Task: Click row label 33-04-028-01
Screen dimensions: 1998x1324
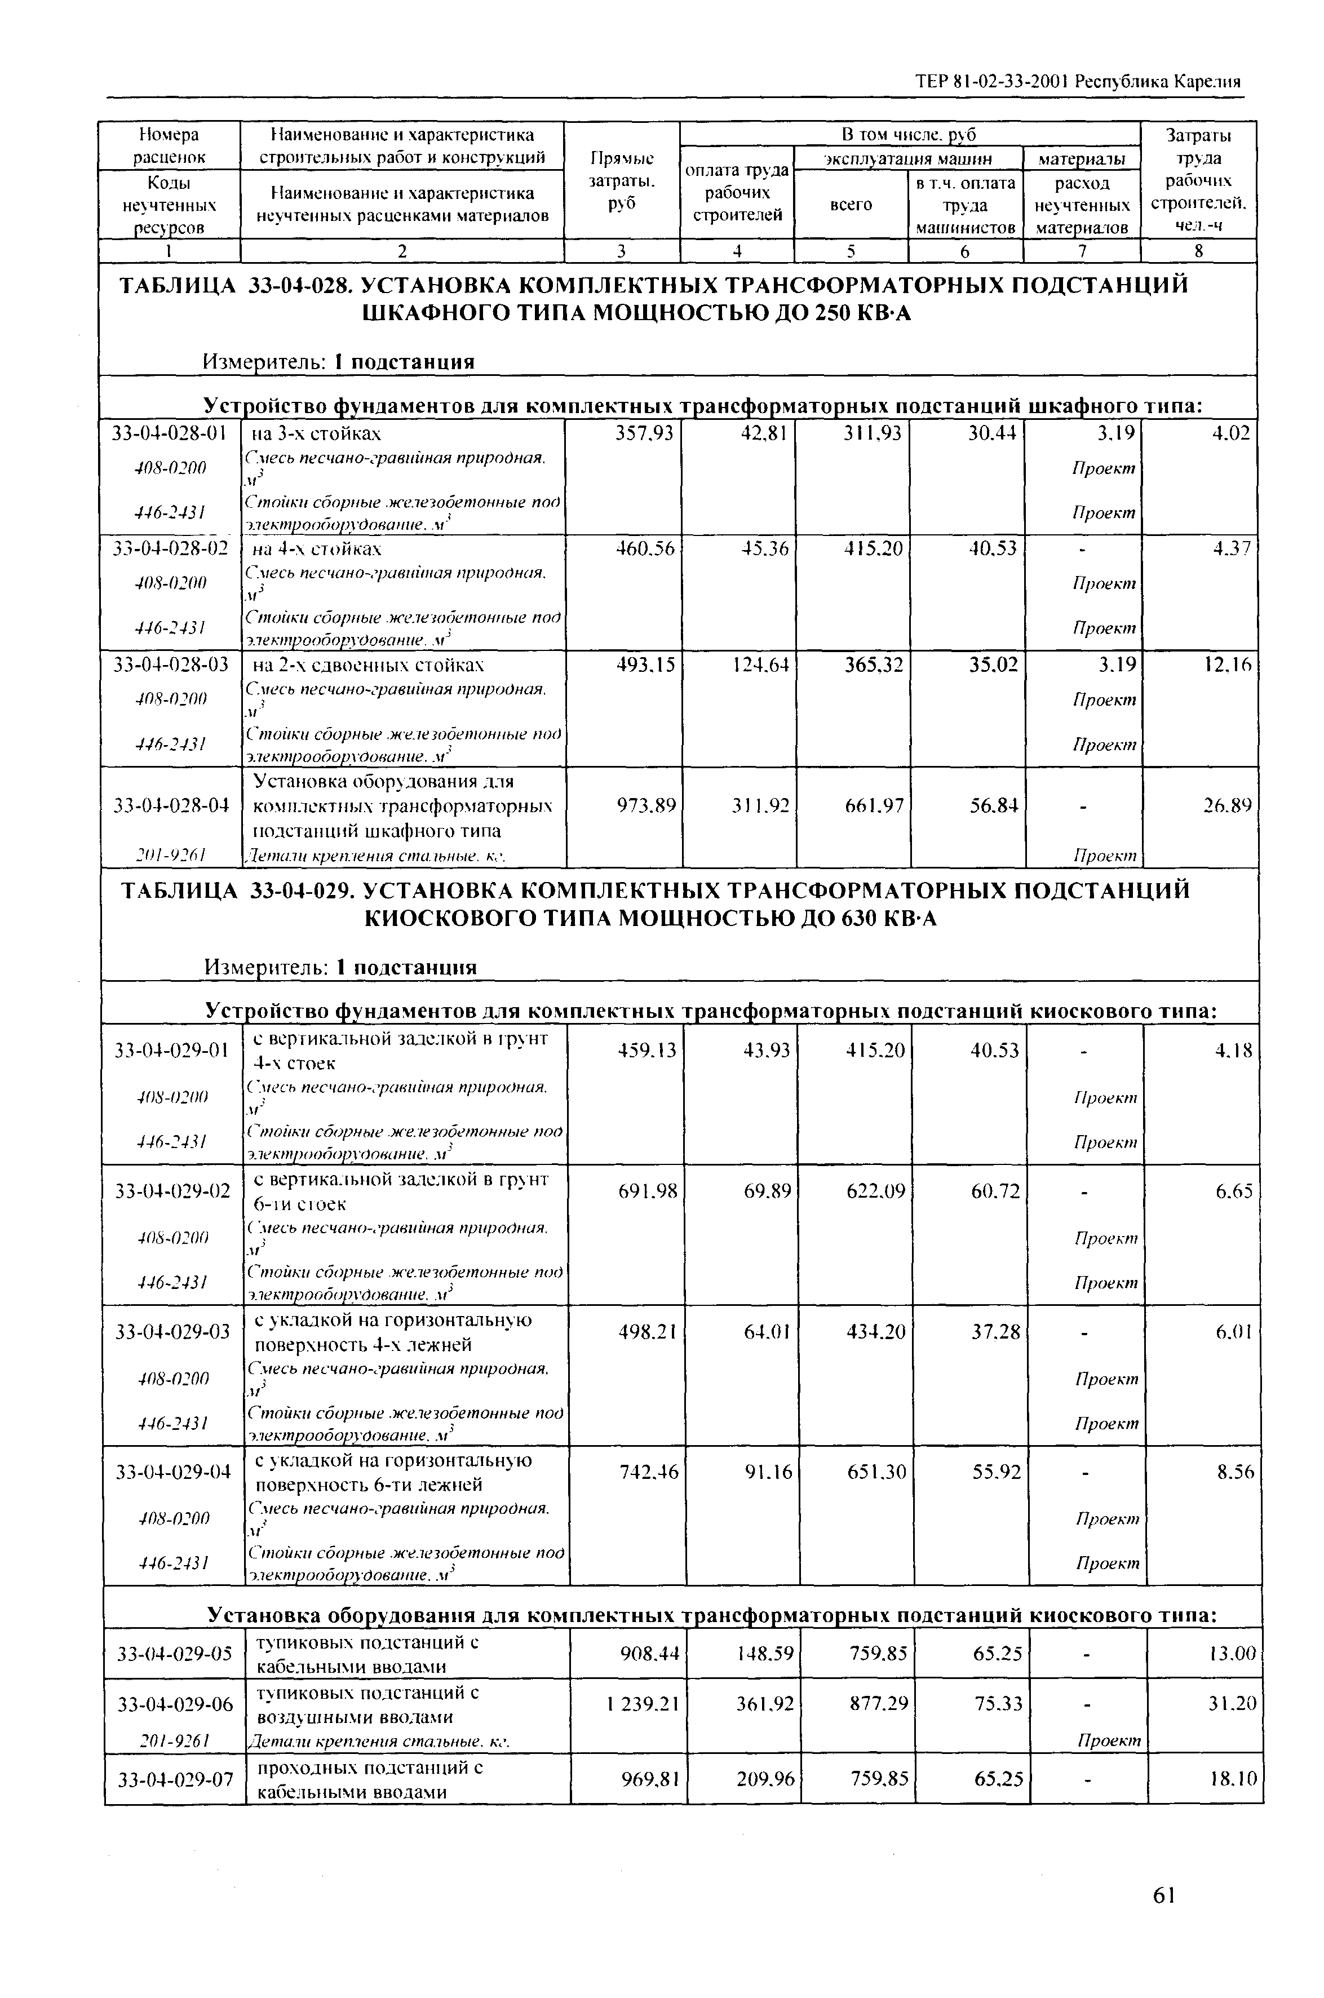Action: pyautogui.click(x=170, y=434)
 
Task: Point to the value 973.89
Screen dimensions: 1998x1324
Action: pyautogui.click(x=648, y=806)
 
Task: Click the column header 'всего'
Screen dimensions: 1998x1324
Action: pyautogui.click(x=851, y=205)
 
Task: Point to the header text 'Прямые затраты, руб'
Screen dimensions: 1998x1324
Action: pyautogui.click(x=622, y=181)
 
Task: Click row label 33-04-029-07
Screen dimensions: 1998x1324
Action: pyautogui.click(x=174, y=1779)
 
